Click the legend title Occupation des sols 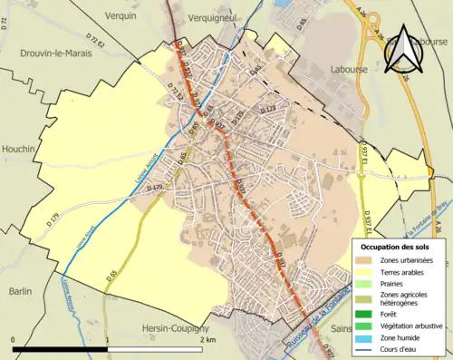coord(395,246)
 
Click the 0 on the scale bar coord(13,339)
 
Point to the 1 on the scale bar coord(108,339)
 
